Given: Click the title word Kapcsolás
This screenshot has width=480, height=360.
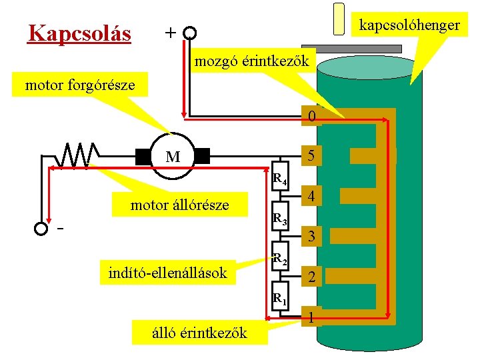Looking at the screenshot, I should [79, 33].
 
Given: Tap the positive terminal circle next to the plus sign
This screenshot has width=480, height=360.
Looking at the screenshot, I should [190, 33].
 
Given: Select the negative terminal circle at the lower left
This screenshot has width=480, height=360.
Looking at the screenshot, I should [41, 229].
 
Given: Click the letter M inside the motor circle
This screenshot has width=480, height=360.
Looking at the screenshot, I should [173, 157].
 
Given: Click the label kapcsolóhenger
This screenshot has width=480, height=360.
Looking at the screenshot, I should [409, 25].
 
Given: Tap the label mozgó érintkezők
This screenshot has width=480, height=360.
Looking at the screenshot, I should [251, 62].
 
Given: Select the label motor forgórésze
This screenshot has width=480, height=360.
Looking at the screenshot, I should [79, 85].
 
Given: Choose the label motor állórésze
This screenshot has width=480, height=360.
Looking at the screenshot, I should [179, 205].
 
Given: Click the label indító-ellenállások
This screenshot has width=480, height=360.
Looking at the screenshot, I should [167, 272].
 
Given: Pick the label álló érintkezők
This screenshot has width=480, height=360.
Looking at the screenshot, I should [199, 332].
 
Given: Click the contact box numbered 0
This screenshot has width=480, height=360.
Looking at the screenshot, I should [311, 117].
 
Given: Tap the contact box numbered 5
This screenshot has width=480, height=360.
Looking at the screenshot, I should [311, 156].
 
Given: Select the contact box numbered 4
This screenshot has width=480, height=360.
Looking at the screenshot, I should [311, 197].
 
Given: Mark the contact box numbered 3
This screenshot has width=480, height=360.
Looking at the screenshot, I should [311, 237].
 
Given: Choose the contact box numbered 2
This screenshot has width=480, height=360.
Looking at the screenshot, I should [311, 277].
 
